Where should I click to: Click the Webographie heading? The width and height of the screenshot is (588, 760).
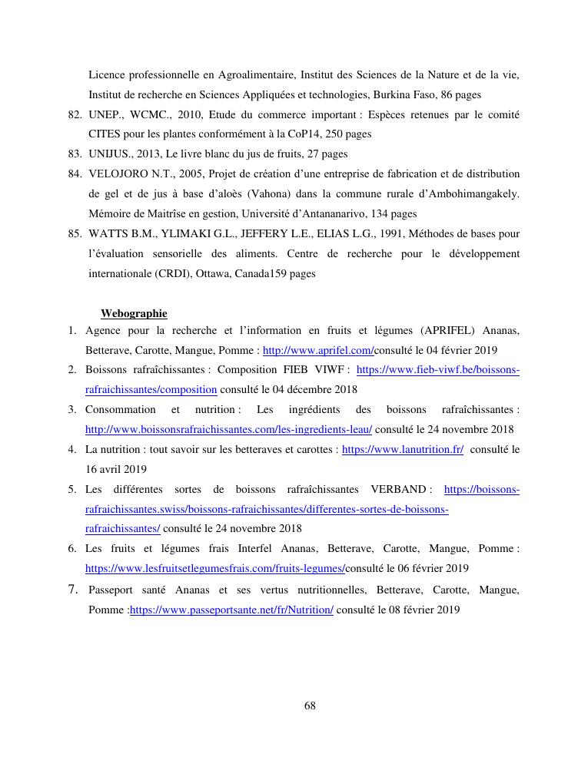click(134, 313)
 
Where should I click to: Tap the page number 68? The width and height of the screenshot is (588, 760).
click(310, 705)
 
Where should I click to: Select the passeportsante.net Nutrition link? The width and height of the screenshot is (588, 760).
click(231, 610)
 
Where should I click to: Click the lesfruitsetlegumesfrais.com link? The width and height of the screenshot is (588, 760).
click(214, 568)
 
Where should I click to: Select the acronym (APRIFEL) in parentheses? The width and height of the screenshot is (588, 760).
click(449, 330)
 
